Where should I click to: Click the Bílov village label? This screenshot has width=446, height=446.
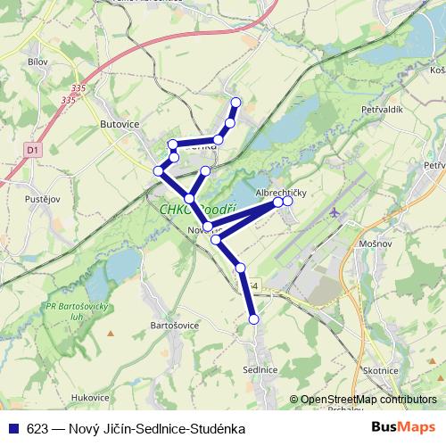(x=37, y=62)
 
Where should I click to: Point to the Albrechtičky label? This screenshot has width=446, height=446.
(x=281, y=193)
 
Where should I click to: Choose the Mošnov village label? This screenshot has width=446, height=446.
(x=376, y=243)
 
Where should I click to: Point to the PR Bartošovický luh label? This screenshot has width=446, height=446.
(x=69, y=314)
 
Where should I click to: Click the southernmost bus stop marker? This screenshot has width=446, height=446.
(x=253, y=318)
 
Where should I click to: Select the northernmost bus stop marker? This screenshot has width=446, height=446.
(x=236, y=102)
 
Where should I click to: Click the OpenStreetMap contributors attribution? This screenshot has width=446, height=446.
(x=368, y=400)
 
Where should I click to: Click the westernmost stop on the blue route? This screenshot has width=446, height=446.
(x=158, y=170)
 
